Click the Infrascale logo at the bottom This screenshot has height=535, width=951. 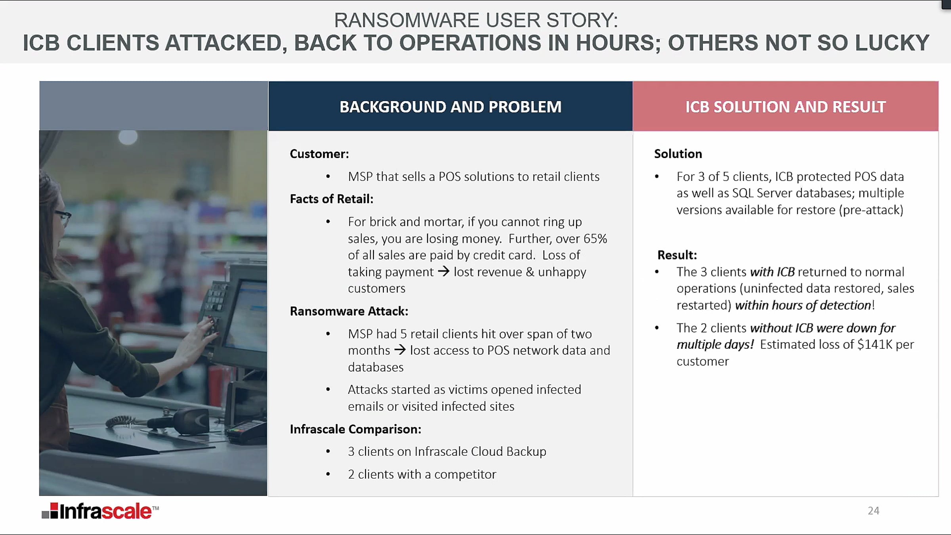[100, 511]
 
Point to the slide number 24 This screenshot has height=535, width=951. [873, 510]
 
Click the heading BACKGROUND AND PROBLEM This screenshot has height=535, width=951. [451, 107]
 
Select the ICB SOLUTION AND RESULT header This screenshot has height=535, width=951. [785, 107]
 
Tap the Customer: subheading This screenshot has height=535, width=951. [319, 154]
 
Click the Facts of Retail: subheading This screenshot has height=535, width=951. [332, 199]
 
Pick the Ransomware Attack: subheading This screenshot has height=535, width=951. [349, 311]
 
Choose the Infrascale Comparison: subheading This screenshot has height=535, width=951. [355, 429]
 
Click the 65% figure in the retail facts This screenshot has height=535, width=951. [595, 239]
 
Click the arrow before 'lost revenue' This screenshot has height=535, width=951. [444, 271]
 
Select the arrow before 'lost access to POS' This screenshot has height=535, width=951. [400, 350]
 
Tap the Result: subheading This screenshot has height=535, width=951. [677, 255]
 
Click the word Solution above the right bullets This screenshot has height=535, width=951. [678, 154]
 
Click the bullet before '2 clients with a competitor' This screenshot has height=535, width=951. [328, 474]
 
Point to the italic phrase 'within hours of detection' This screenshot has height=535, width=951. [803, 305]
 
